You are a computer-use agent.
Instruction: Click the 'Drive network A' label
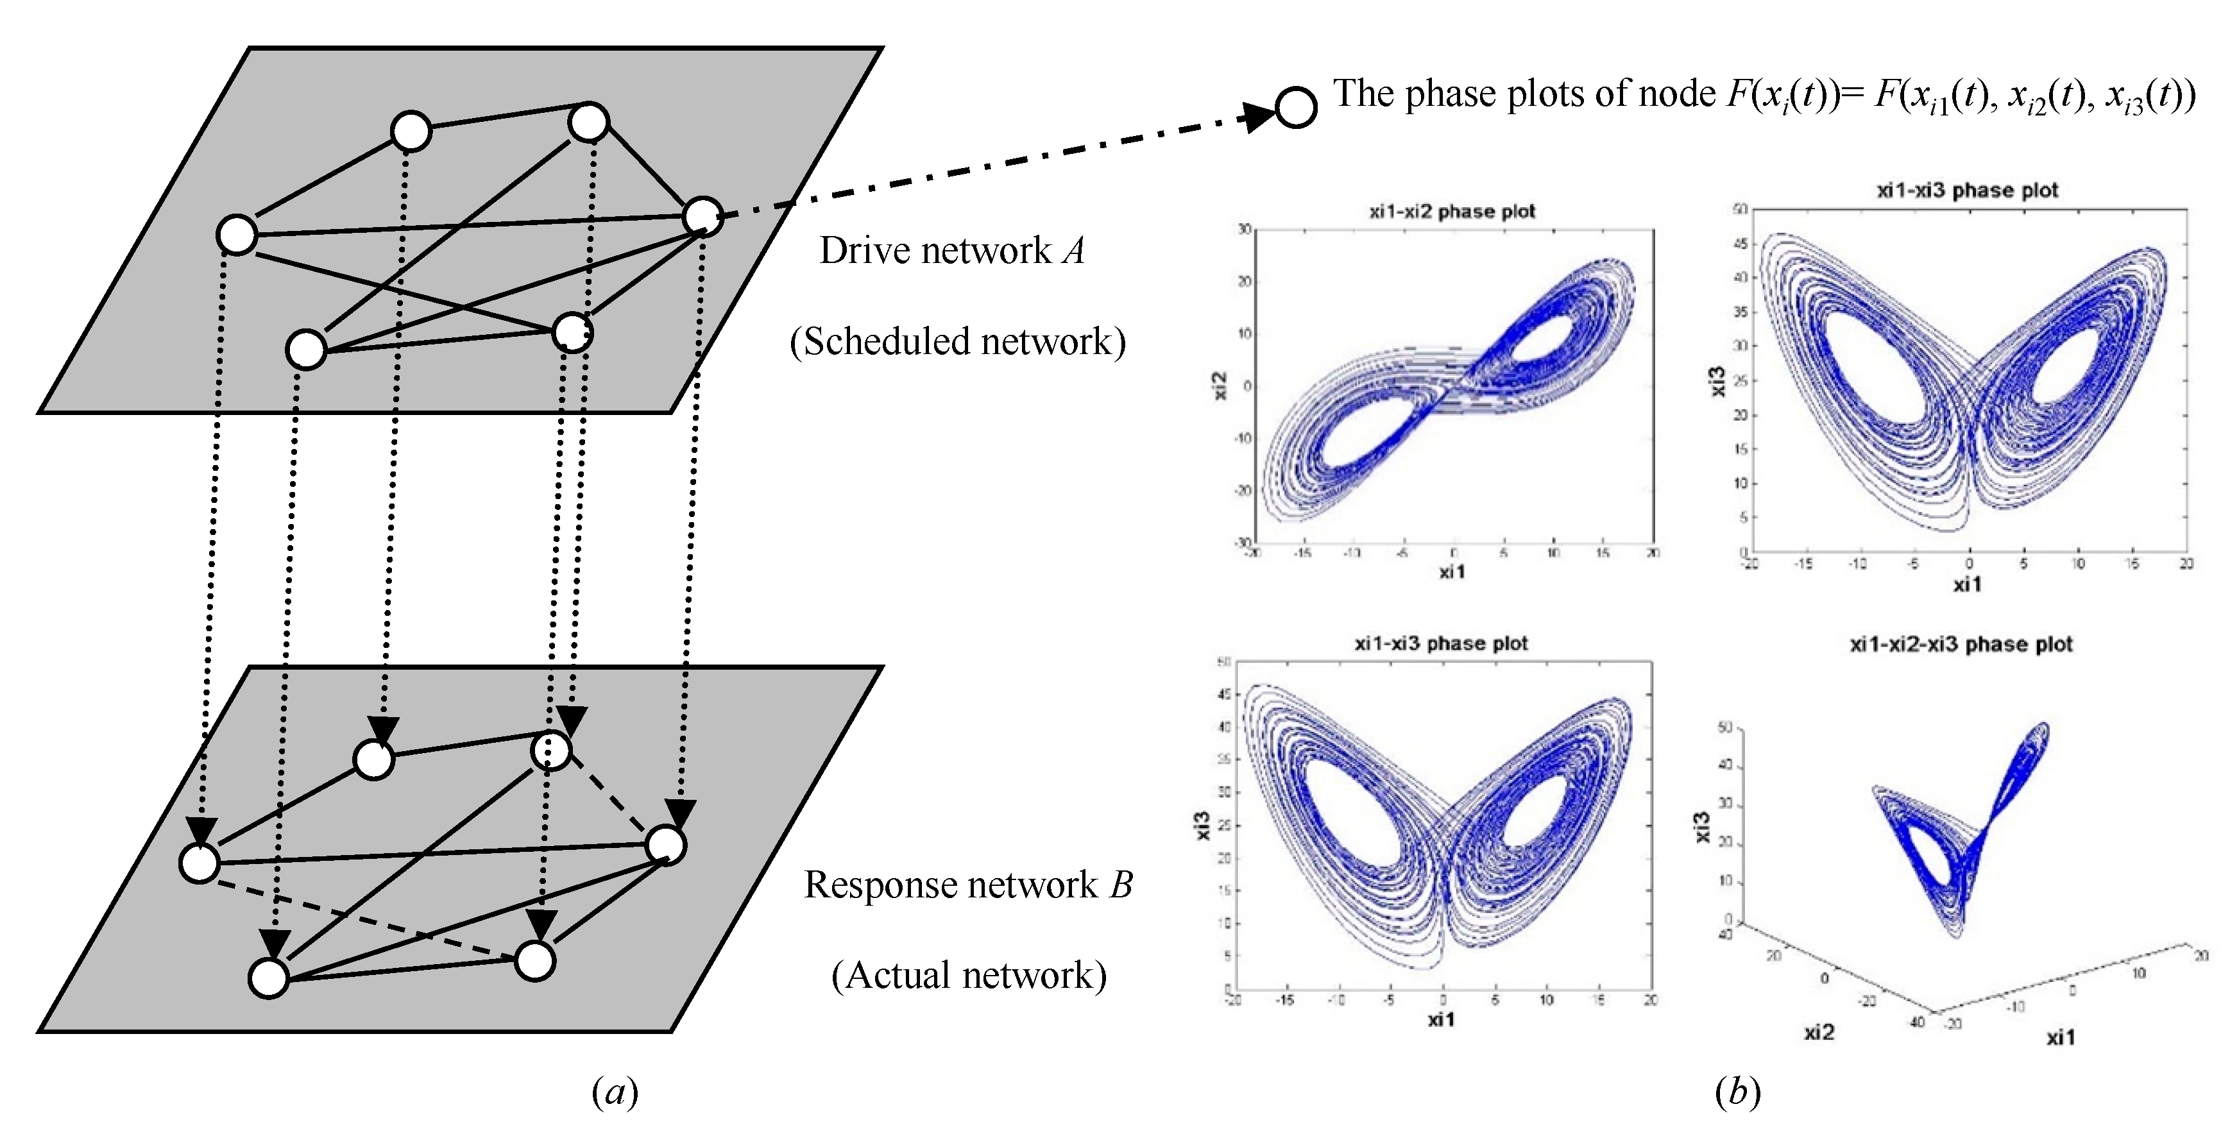tap(951, 251)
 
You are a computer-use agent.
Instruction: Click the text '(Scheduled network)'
tap(957, 341)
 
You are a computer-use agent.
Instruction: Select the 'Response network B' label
tap(968, 885)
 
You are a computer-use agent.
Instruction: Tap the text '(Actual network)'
tap(969, 976)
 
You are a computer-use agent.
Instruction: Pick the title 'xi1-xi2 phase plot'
tap(1452, 211)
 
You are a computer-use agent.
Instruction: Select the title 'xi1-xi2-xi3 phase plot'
tap(1961, 644)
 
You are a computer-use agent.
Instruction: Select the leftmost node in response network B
tap(199, 863)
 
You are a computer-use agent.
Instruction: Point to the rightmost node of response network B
tap(667, 845)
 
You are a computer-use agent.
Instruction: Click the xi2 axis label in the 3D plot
tap(1819, 1032)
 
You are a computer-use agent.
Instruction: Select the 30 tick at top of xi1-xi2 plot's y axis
tap(1244, 228)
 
